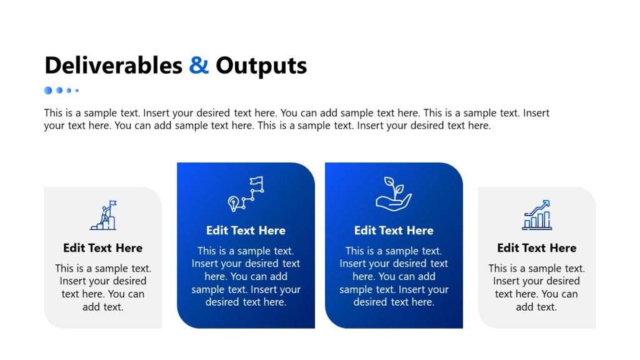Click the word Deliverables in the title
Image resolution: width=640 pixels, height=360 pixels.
pyautogui.click(x=113, y=66)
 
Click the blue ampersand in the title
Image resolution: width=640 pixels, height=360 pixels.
pyautogui.click(x=199, y=66)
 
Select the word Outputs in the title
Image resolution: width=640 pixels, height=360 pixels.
pyautogui.click(x=261, y=66)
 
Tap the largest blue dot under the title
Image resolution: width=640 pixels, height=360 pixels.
pyautogui.click(x=48, y=91)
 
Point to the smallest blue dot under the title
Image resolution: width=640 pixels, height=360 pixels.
pyautogui.click(x=77, y=91)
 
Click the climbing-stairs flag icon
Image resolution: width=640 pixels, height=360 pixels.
pyautogui.click(x=103, y=215)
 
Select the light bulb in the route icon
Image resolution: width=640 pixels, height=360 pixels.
pyautogui.click(x=234, y=203)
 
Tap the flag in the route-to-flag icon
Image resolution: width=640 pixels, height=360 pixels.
pyautogui.click(x=256, y=182)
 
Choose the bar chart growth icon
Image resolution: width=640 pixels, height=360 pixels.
pyautogui.click(x=537, y=215)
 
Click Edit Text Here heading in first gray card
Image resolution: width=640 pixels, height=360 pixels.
pyautogui.click(x=103, y=248)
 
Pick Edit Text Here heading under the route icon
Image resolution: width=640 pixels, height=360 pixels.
pyautogui.click(x=246, y=231)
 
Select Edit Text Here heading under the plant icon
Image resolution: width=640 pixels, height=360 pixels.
pyautogui.click(x=394, y=231)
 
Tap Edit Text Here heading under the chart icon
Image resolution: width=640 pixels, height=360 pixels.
pyautogui.click(x=537, y=248)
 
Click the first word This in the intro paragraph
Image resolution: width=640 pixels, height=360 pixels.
pyautogui.click(x=54, y=113)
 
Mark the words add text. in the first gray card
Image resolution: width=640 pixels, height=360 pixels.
pyautogui.click(x=103, y=307)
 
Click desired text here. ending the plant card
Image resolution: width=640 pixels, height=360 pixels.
pyautogui.click(x=394, y=302)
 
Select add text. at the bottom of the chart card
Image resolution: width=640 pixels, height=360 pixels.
pyautogui.click(x=537, y=307)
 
